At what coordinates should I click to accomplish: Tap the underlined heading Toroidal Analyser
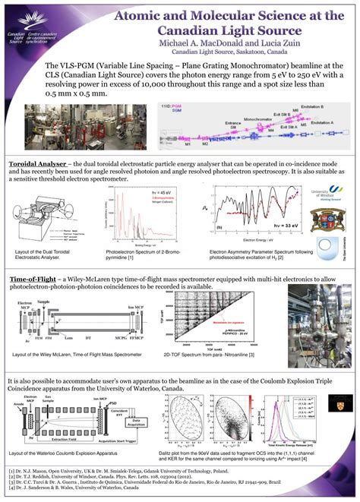pos(37,163)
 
